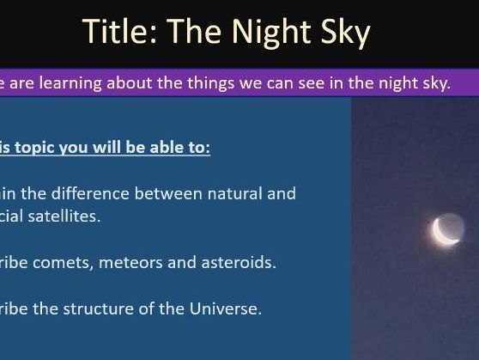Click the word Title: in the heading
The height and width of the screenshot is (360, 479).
(121, 33)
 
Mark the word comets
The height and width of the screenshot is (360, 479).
(70, 262)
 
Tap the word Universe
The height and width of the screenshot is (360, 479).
(226, 308)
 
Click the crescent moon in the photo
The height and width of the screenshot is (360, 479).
(445, 230)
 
